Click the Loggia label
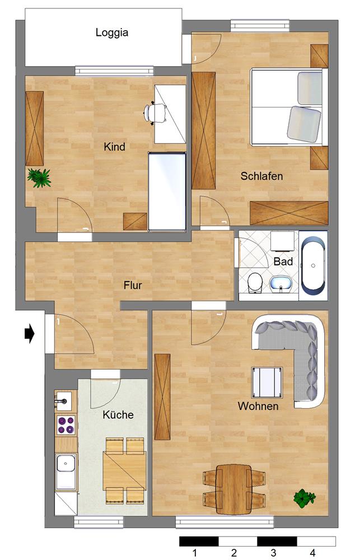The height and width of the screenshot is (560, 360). click(x=112, y=32)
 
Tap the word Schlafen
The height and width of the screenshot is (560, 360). click(x=261, y=176)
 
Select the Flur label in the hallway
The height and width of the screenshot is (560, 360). click(x=133, y=286)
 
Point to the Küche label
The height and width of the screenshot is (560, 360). click(x=118, y=415)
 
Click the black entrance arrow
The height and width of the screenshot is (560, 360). click(x=30, y=334)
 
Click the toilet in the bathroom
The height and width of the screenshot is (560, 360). click(x=255, y=282)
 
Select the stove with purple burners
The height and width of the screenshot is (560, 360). click(x=66, y=426)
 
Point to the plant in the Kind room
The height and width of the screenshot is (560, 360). click(x=39, y=178)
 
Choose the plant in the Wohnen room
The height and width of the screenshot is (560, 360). click(x=303, y=497)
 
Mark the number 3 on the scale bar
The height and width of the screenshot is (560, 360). click(x=273, y=553)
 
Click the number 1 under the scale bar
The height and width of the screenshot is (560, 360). click(x=194, y=553)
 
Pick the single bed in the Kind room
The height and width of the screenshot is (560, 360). click(x=166, y=192)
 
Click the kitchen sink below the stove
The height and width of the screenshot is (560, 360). click(x=66, y=465)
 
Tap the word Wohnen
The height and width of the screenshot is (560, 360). click(x=258, y=407)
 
